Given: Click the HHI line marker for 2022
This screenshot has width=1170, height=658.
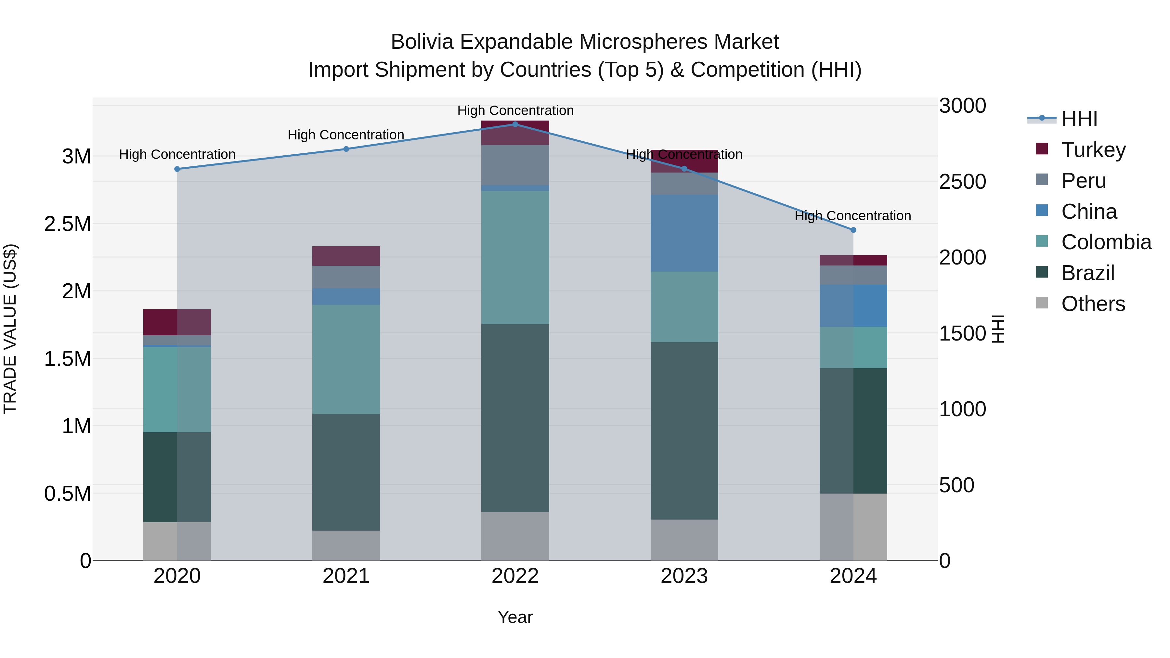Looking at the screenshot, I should click(515, 124).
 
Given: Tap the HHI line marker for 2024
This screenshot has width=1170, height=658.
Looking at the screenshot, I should click(853, 230).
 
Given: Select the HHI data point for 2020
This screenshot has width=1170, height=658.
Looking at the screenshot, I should click(177, 169).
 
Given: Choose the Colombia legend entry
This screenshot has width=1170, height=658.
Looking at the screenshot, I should click(1106, 242).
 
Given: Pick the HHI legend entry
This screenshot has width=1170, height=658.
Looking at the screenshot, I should click(1079, 119).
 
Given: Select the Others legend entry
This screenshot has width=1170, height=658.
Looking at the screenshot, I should click(1093, 304).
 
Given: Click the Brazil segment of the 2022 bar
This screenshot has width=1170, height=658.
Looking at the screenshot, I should click(515, 418).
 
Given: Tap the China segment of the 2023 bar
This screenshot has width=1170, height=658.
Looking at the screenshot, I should click(684, 233).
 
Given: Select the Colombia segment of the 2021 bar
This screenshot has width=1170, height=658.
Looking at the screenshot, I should click(346, 359).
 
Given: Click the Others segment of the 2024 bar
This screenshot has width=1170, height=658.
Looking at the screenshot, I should click(853, 527).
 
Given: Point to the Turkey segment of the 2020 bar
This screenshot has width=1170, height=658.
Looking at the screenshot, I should click(177, 322).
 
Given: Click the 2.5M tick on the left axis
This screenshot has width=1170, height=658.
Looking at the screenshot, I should click(67, 224).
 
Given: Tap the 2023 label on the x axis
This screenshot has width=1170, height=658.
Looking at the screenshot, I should click(684, 576).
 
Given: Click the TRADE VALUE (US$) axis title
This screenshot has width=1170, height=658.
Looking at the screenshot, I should click(10, 329).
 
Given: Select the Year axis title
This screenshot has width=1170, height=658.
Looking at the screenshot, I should click(515, 617).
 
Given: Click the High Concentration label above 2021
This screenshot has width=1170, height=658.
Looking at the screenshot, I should click(346, 135).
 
